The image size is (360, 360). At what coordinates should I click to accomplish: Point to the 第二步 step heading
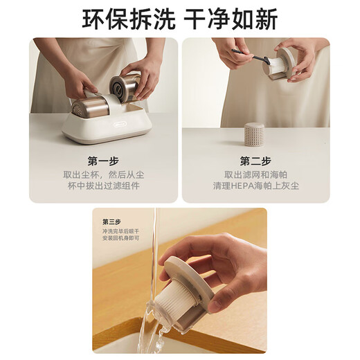click(255, 161)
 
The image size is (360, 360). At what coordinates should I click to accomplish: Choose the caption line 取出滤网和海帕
click(255, 175)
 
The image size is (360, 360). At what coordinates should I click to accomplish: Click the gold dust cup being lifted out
click(125, 87)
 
